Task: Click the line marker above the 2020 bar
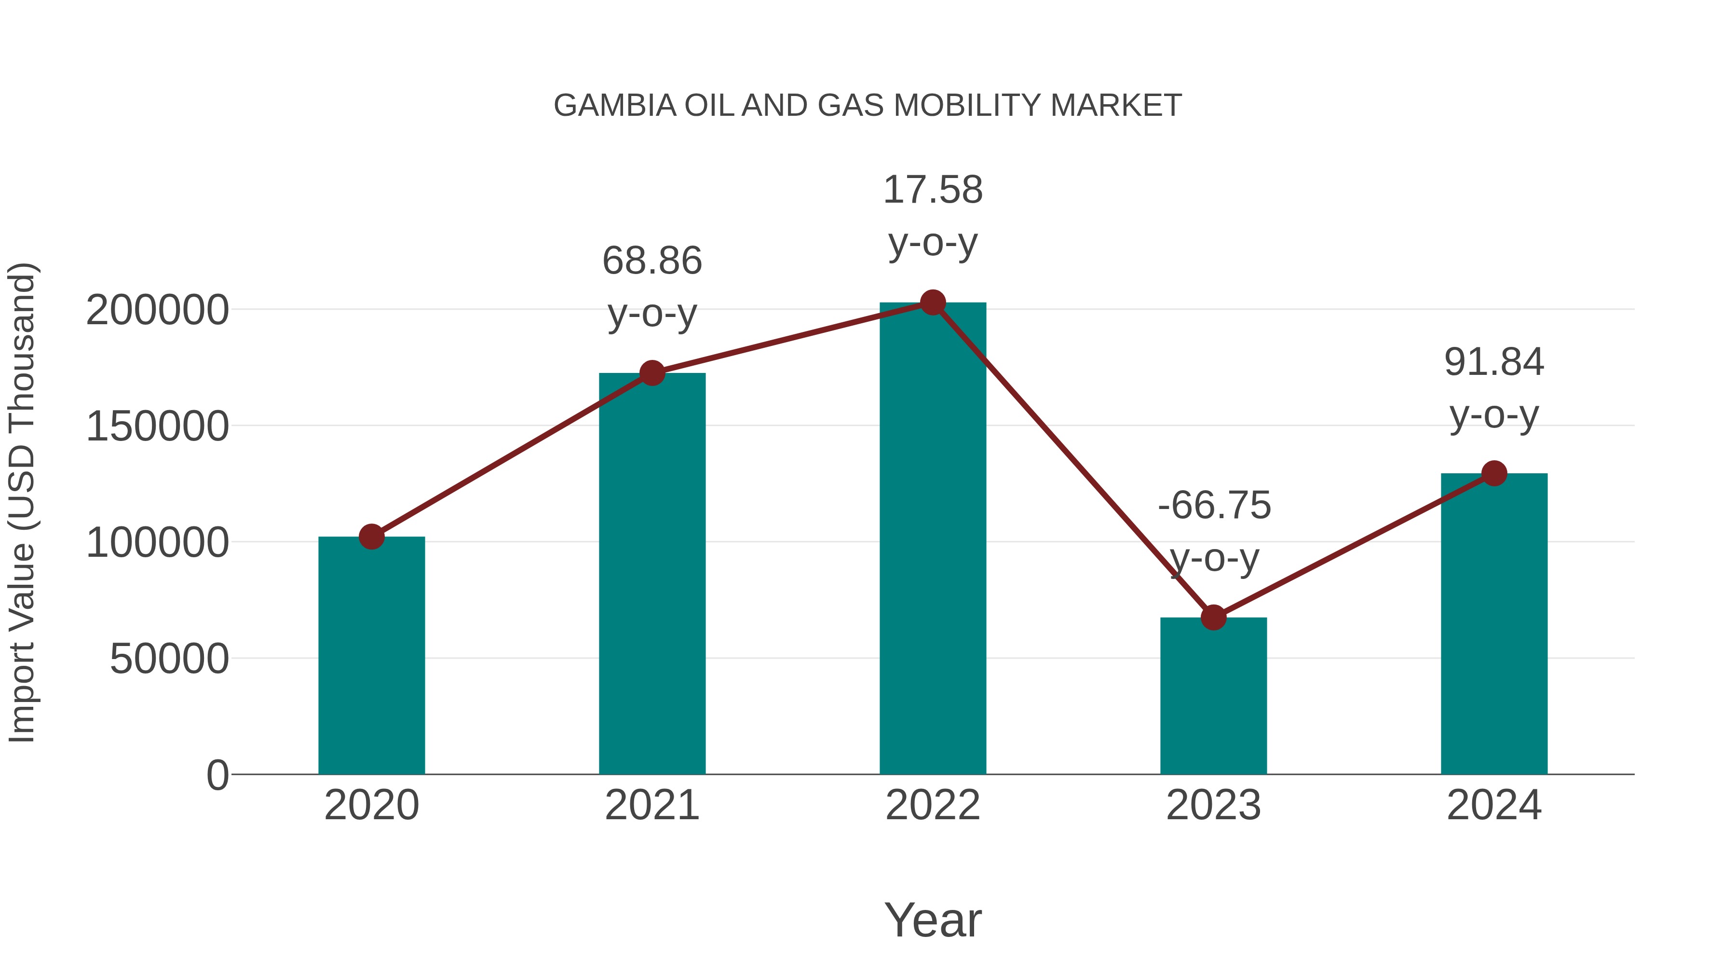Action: point(371,537)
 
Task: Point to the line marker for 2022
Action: point(933,303)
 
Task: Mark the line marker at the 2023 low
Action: point(1213,617)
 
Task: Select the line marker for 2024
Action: point(1494,473)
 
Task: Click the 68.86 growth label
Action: point(651,261)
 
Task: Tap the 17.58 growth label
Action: point(933,190)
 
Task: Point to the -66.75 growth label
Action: point(1214,506)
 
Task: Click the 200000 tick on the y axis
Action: point(157,311)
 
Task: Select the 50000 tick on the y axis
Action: point(169,659)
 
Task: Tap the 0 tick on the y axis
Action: point(217,775)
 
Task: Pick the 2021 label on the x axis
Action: point(651,805)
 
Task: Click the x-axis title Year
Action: point(933,920)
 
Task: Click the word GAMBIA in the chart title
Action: point(615,106)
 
